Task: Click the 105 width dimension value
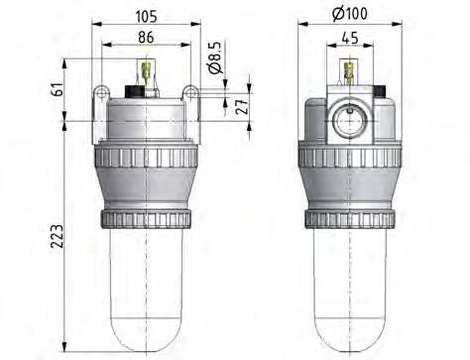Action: point(146,17)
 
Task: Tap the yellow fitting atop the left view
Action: point(147,72)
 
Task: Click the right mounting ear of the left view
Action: point(190,97)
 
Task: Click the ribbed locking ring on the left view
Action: point(146,219)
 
